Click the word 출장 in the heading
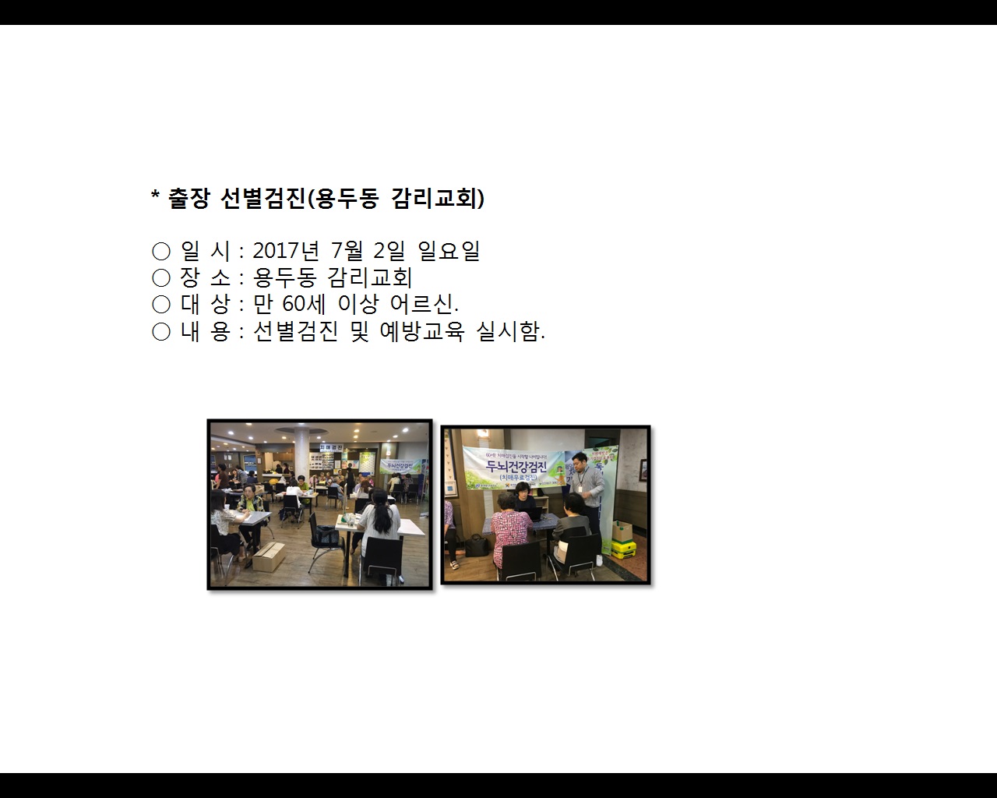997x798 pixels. coord(188,199)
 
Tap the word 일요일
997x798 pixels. coord(449,251)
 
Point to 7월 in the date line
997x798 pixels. coord(347,251)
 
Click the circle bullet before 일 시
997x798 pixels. coord(161,251)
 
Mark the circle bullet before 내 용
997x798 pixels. coord(161,332)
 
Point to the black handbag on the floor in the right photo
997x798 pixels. coord(477,545)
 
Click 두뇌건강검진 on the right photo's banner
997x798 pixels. coord(516,467)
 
